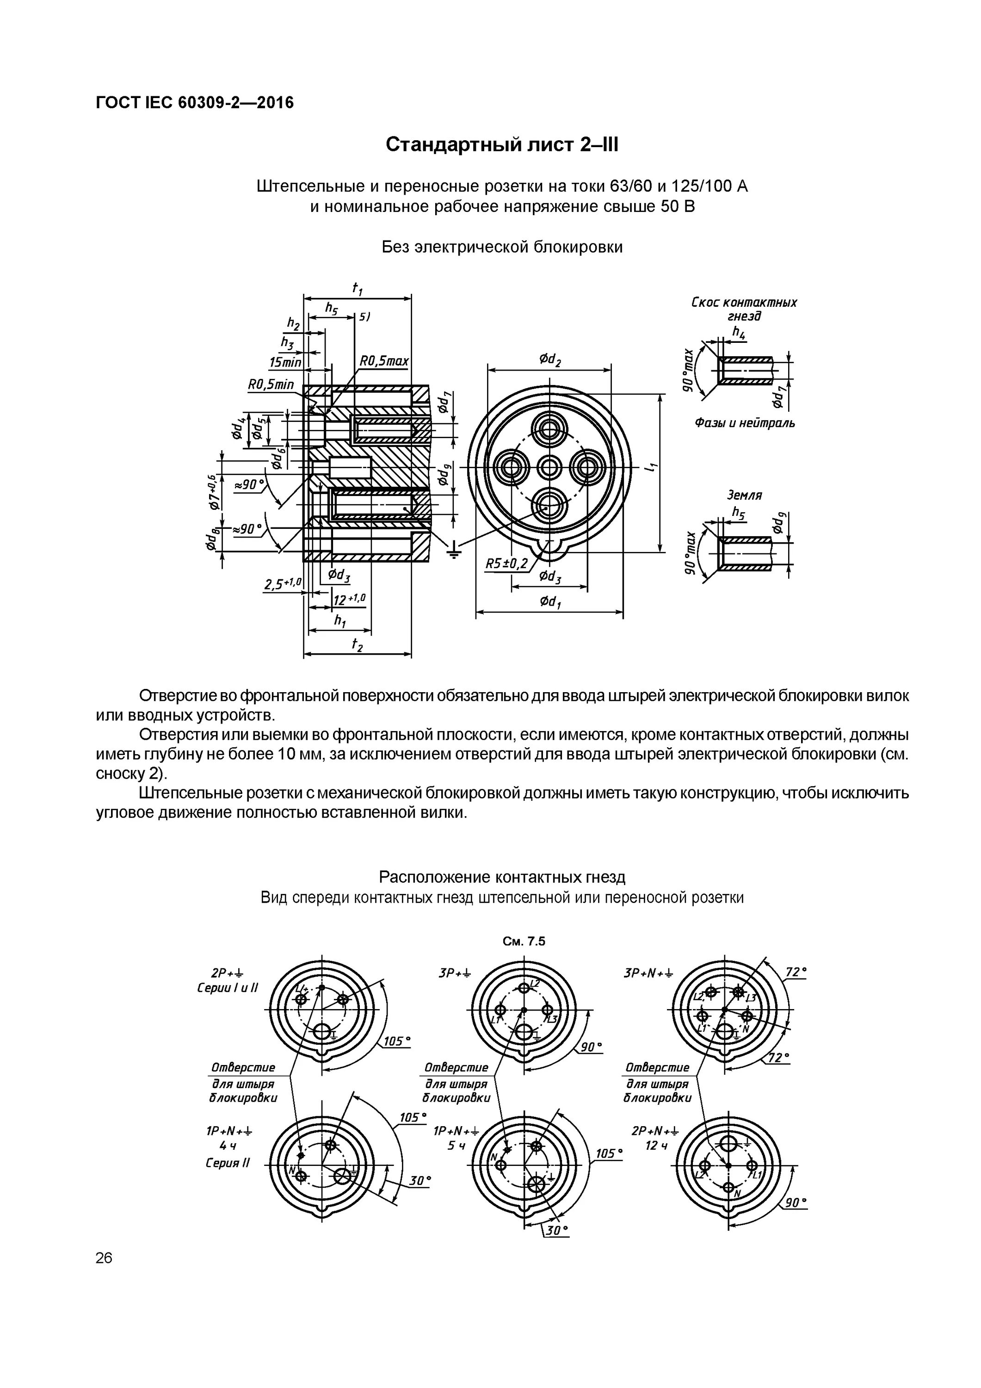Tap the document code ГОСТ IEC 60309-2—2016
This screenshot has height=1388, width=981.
(195, 103)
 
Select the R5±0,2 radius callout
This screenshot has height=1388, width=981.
(506, 564)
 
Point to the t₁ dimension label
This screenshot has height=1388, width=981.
(357, 289)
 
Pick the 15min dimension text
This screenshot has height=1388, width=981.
(285, 362)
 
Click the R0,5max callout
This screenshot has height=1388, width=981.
(384, 361)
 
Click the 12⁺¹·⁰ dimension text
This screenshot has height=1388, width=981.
(349, 599)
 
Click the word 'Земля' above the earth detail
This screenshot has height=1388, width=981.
(744, 495)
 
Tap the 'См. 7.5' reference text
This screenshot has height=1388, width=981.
(524, 941)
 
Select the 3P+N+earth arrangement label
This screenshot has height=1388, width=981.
(648, 974)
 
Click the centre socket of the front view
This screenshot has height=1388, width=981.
(549, 467)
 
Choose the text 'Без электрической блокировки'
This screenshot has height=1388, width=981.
(502, 247)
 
